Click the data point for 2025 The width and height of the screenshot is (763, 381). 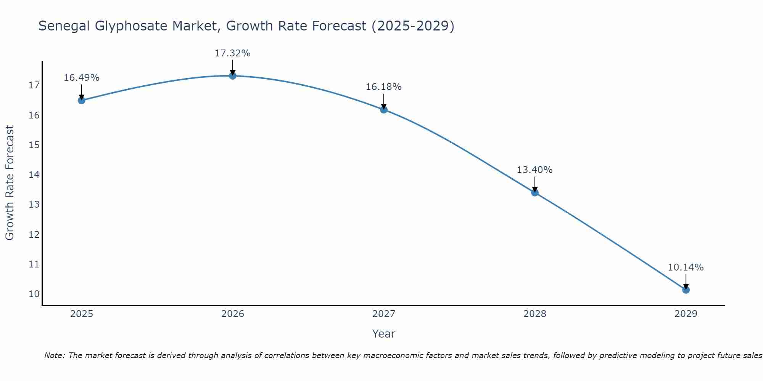click(81, 100)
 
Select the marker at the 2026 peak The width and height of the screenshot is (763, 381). click(233, 75)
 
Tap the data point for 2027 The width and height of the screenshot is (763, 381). click(384, 110)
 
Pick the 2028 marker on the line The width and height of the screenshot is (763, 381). click(535, 192)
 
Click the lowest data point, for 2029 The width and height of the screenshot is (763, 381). click(686, 290)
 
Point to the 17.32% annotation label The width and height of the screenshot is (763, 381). click(232, 53)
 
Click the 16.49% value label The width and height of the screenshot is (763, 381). click(81, 78)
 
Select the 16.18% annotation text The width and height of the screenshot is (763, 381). click(383, 87)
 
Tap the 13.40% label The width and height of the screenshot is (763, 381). click(534, 170)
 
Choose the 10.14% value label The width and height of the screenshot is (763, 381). click(686, 267)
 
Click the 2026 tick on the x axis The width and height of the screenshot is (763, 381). click(233, 314)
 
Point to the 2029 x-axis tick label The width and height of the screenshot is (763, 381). click(686, 314)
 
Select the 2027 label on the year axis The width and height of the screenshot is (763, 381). click(384, 314)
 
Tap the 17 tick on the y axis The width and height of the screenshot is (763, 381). click(34, 85)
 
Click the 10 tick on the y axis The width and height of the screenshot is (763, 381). click(34, 294)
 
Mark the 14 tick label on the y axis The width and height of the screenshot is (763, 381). click(34, 175)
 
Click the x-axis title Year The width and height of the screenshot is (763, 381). click(383, 334)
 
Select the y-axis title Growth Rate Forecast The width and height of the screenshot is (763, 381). click(10, 183)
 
